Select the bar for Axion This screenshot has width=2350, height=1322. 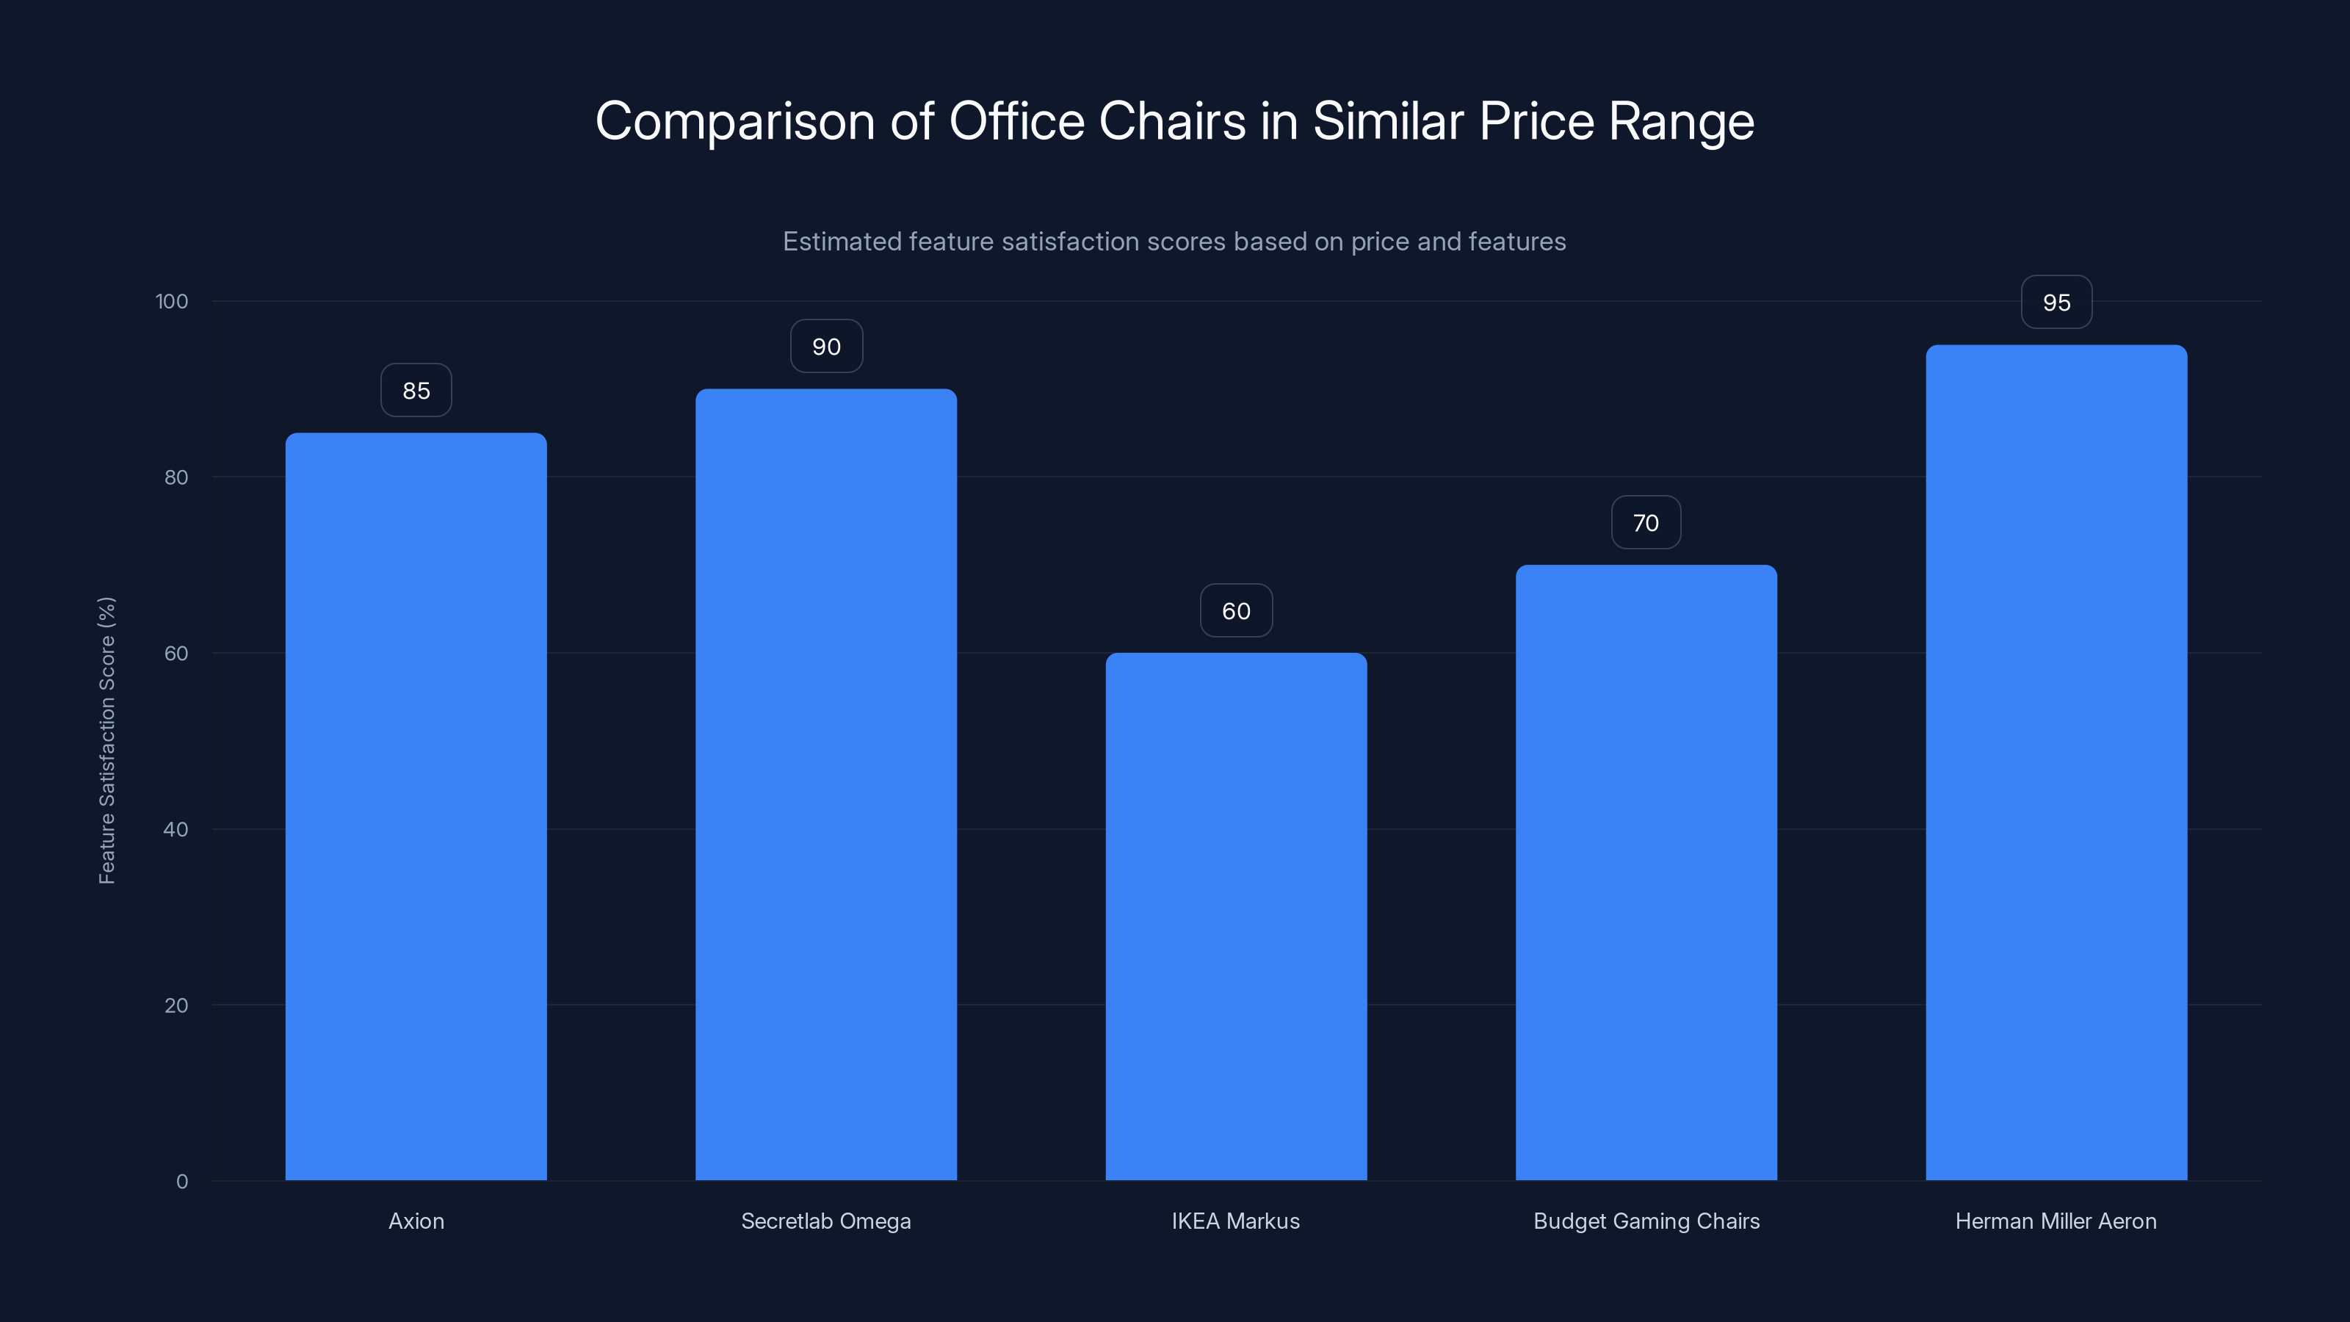pos(416,806)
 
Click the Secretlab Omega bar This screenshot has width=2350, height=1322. pos(825,784)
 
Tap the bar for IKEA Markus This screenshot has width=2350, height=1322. pos(1236,916)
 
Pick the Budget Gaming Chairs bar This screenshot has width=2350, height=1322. pos(1646,873)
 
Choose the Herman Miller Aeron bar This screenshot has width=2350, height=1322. pos(2056,763)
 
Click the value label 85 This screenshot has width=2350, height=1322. pos(416,391)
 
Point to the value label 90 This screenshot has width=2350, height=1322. pos(825,347)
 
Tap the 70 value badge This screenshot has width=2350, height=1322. pos(1646,523)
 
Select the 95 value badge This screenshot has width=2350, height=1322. pos(2056,303)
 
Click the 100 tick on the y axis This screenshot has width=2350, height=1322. pos(172,302)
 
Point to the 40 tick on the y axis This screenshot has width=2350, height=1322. pos(176,829)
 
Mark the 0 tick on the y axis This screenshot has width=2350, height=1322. pos(181,1182)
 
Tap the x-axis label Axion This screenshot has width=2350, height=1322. pos(416,1221)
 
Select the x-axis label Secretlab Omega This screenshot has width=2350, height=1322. pos(825,1221)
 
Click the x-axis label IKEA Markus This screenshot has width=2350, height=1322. pos(1236,1221)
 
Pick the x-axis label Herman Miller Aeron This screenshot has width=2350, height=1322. pos(2056,1221)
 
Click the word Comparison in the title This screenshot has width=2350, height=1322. pos(734,122)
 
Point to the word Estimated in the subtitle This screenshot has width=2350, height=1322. pos(842,242)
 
